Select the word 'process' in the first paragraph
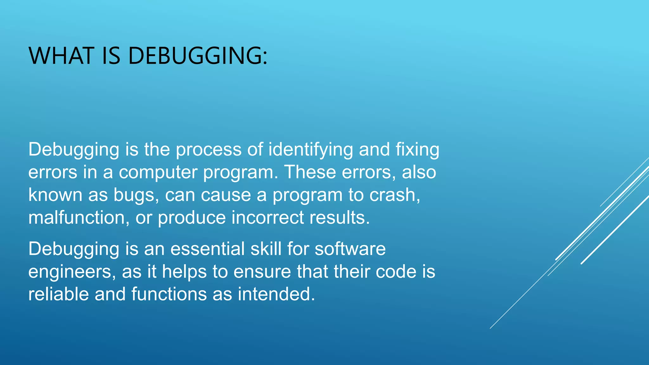[x=209, y=150]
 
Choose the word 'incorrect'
[x=267, y=218]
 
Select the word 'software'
[x=350, y=249]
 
